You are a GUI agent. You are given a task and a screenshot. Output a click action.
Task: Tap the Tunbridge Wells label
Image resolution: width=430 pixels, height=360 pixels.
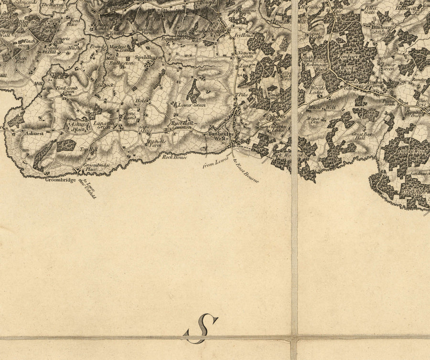[x=219, y=137]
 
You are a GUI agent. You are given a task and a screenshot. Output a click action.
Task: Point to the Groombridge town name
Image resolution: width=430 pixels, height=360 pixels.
[x=61, y=180]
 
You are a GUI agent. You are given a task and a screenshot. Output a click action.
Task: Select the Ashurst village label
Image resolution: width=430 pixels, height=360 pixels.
[x=35, y=134]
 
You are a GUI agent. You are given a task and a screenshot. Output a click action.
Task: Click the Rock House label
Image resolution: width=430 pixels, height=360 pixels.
[x=173, y=157]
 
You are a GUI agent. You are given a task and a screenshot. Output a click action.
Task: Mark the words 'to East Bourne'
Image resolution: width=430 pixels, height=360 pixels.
[x=246, y=171]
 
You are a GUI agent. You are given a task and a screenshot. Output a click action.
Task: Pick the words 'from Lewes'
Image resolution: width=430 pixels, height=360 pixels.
[x=213, y=164]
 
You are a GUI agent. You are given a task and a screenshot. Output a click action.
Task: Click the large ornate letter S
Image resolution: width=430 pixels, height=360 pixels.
[x=201, y=328]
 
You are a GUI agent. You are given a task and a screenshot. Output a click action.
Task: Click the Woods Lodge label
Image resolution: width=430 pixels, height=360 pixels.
[x=317, y=90]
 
